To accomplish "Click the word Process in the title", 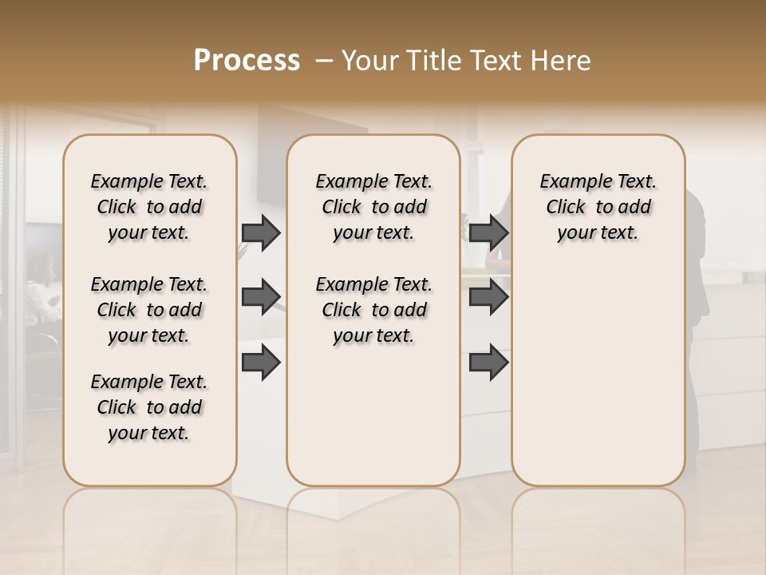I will click(x=247, y=61).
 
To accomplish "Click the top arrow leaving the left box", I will click(x=261, y=233).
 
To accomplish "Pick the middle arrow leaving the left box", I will click(x=261, y=297).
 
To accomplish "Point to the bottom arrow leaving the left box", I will click(x=261, y=362).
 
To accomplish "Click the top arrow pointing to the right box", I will click(x=488, y=233).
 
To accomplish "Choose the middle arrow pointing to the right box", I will click(x=488, y=297).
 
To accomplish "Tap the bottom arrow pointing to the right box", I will click(x=488, y=362).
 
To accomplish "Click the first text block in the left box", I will click(x=149, y=207).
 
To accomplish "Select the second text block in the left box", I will click(x=149, y=310).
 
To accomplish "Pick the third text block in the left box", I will click(x=149, y=407).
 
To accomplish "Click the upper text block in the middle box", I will click(x=373, y=207).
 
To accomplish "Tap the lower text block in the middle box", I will click(x=373, y=310).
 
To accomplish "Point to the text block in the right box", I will click(x=598, y=207).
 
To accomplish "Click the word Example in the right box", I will click(x=569, y=182).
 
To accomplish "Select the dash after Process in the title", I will click(x=324, y=61).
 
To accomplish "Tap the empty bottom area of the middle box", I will click(x=373, y=423).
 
